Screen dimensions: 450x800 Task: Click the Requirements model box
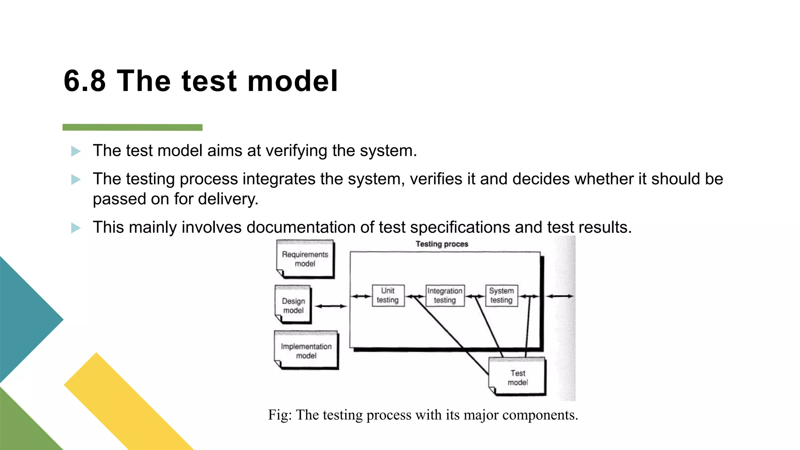[x=305, y=259]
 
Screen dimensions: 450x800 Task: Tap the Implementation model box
[x=306, y=350]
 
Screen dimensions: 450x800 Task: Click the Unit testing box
[x=387, y=296]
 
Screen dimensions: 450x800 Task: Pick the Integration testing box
[x=445, y=296]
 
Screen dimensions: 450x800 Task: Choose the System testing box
[x=501, y=296]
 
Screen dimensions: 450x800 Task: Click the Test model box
[x=518, y=377]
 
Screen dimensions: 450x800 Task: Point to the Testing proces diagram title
[x=442, y=244]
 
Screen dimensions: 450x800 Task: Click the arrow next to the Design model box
[x=331, y=306]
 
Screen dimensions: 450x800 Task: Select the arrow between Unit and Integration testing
[x=415, y=296]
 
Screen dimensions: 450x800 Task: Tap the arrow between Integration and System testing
[x=475, y=296]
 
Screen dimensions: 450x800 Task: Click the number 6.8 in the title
[x=85, y=81]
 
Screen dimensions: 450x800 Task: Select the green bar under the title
[x=132, y=127]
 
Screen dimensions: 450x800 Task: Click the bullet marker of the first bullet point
[x=76, y=151]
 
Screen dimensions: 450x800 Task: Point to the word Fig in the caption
[x=279, y=415]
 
